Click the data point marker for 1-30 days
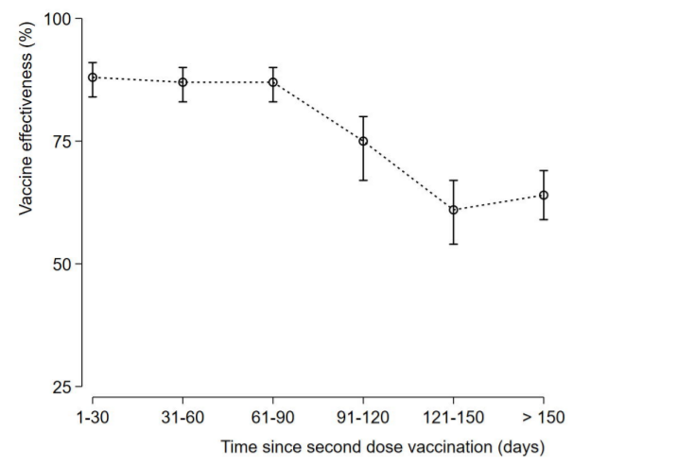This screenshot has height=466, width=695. (93, 78)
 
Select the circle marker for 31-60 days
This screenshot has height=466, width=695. (182, 82)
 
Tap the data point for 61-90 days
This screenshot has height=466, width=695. (273, 82)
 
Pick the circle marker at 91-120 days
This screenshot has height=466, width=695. (363, 141)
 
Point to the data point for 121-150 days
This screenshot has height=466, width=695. (454, 210)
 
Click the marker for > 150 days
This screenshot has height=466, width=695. (544, 196)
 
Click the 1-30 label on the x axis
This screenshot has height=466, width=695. (93, 416)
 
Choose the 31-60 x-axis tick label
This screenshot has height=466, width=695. (182, 416)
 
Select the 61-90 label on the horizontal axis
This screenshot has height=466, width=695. (273, 416)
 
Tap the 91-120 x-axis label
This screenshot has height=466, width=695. (363, 416)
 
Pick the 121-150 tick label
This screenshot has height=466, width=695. (454, 416)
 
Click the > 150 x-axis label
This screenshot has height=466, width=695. (543, 416)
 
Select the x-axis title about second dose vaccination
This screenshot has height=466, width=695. (383, 444)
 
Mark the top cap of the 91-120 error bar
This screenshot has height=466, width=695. (363, 116)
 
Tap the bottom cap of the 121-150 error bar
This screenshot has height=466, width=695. (454, 244)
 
